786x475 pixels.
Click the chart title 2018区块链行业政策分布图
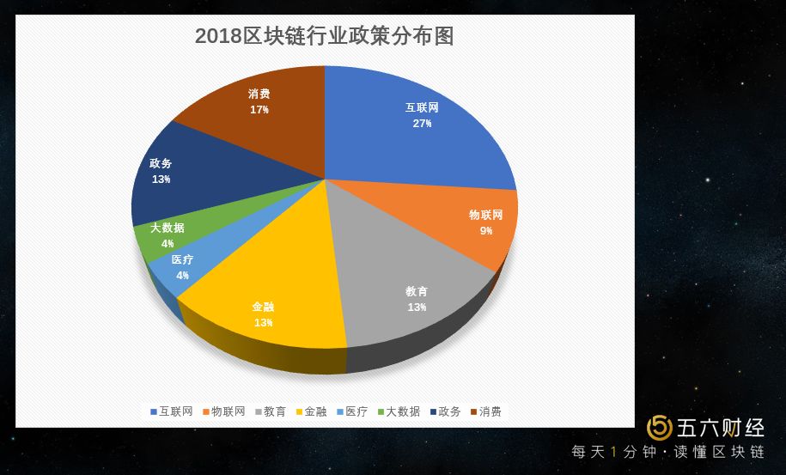point(324,36)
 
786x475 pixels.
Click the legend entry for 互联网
point(171,411)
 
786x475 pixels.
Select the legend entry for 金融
point(311,411)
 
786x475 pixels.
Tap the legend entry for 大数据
point(399,411)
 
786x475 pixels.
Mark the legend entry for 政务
point(445,411)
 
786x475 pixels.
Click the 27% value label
point(422,124)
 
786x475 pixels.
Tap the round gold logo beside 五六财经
point(660,427)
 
